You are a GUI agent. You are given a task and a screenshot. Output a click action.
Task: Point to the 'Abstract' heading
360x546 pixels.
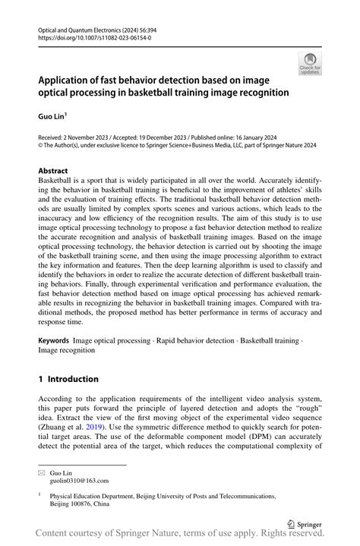pos(53,171)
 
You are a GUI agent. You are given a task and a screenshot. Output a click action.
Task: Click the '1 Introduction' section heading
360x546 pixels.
pos(68,379)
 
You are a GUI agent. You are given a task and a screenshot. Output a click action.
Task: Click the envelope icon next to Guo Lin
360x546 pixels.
pos(43,471)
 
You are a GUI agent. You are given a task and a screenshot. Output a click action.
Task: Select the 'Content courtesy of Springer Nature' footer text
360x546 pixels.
pos(114,537)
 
